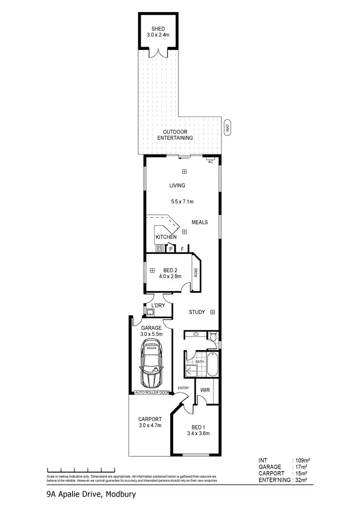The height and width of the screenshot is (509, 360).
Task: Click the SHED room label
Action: pos(158,29)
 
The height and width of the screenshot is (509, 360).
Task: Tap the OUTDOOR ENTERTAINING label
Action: pos(175,135)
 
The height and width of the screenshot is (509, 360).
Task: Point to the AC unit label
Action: pos(210,162)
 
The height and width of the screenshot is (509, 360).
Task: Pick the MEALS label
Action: pos(200,223)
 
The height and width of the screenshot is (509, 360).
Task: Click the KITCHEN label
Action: pos(166,237)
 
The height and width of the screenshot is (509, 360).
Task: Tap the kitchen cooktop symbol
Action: pos(160,249)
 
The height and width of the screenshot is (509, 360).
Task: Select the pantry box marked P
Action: pos(170,249)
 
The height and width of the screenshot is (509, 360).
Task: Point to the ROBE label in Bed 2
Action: pos(196,272)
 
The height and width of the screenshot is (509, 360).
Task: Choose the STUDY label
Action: pos(197,312)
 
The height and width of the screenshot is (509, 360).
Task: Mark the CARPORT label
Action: pos(150,418)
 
